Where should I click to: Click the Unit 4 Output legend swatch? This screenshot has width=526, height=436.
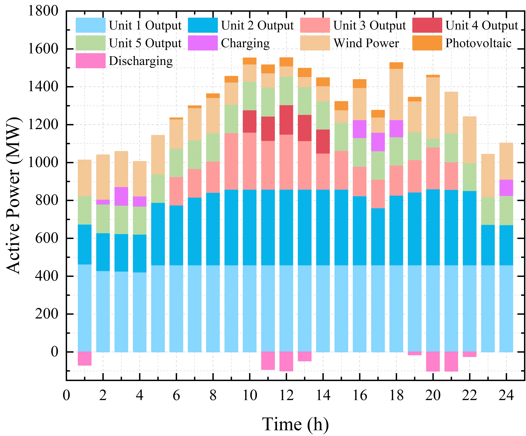click(427, 25)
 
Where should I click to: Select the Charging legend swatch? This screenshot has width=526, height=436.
click(203, 43)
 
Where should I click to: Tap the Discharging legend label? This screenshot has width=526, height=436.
click(141, 61)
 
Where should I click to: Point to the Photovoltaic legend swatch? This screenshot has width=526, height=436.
click(427, 43)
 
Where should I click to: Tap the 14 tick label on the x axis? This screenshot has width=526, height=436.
click(323, 395)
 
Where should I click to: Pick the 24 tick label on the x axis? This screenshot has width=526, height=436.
click(506, 395)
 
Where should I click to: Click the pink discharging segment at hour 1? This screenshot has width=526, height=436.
click(85, 359)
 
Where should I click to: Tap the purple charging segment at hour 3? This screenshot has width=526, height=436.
click(121, 196)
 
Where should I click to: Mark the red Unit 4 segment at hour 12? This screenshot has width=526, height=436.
click(286, 120)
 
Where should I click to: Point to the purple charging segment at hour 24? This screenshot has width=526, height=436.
click(506, 188)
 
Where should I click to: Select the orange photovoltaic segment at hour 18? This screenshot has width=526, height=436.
click(396, 66)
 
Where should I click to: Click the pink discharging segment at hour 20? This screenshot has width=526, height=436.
click(433, 362)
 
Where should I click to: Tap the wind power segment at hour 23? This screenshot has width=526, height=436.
click(488, 176)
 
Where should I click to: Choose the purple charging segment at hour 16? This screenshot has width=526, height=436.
click(360, 129)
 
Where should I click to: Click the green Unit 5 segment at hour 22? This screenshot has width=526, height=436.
click(470, 177)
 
